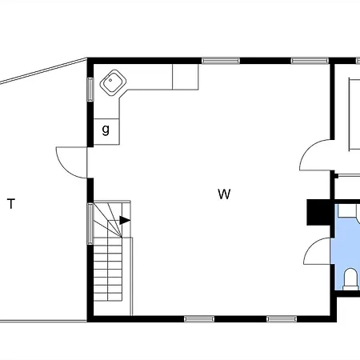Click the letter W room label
point(224,194)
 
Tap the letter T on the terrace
point(11,204)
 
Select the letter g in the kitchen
point(106,130)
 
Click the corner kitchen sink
point(113,82)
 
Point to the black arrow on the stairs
point(125,220)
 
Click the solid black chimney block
point(319,212)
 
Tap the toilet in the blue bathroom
point(350,279)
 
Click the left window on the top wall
point(221,61)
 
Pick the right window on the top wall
point(310,61)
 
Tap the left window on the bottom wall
point(199,319)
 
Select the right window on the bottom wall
point(282,319)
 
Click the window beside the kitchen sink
point(90,90)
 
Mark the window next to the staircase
point(90,223)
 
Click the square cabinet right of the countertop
point(186,77)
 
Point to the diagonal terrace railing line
point(43,71)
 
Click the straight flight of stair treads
point(108,269)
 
